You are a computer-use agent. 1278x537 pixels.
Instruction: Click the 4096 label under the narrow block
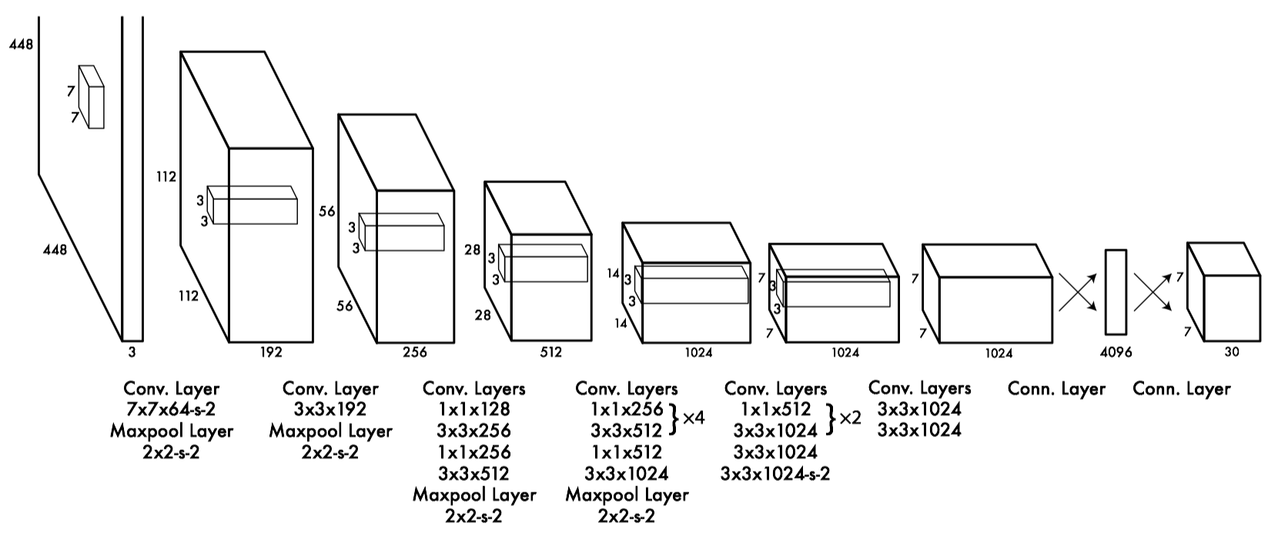(1116, 352)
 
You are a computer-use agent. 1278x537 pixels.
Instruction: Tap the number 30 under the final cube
(1232, 352)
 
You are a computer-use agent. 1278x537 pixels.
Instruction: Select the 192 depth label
(271, 352)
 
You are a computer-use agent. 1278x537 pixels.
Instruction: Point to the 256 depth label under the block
(415, 352)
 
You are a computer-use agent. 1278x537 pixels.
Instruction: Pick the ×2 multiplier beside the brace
(850, 418)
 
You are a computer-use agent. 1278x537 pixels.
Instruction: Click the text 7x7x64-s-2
(171, 409)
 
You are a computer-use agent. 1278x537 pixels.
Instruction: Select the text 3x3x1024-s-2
(775, 473)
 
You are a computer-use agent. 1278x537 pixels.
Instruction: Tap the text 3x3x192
(330, 409)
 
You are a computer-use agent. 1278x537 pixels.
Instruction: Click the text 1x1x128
(474, 409)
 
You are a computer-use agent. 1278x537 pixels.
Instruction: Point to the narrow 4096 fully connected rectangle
(1116, 292)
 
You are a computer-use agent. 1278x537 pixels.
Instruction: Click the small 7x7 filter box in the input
(92, 97)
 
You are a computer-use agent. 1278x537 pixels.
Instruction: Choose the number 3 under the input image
(132, 352)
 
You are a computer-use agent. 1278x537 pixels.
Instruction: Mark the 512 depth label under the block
(550, 352)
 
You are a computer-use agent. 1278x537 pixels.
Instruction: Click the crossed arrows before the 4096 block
(1078, 292)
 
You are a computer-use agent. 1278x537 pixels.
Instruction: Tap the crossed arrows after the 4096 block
(1153, 292)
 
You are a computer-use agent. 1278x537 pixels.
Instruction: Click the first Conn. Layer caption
(1056, 389)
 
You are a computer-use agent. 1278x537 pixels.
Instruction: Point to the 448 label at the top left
(21, 44)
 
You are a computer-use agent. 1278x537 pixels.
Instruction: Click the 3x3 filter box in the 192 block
(253, 205)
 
